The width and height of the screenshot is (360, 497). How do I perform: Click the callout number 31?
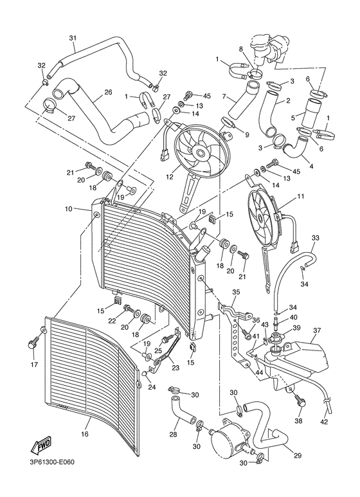72,37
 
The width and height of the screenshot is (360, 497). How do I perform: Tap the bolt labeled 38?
299,402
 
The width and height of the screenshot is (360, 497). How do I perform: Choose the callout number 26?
107,91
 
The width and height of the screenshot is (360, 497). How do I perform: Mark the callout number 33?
315,238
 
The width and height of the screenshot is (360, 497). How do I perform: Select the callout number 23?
175,368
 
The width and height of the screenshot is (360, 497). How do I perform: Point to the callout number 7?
224,96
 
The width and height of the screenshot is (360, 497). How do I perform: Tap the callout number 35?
236,292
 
